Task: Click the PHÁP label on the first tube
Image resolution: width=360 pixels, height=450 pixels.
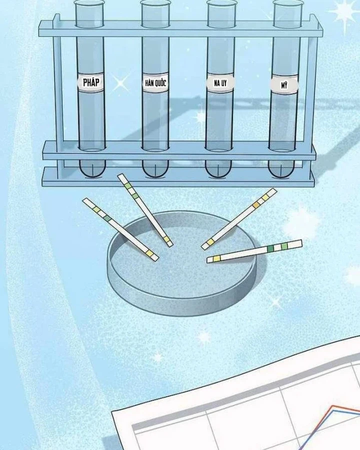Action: tap(90, 82)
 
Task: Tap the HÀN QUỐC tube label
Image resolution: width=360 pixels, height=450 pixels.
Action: tap(155, 83)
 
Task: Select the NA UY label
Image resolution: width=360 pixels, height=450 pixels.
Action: tap(220, 83)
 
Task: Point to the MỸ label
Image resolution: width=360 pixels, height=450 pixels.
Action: tap(284, 85)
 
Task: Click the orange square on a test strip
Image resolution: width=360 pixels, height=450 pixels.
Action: tap(255, 204)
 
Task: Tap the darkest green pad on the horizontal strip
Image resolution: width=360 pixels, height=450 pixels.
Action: tap(270, 248)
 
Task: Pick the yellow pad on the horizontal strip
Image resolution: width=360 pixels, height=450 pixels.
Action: tap(216, 259)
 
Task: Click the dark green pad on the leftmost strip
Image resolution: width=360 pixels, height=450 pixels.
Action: tap(107, 218)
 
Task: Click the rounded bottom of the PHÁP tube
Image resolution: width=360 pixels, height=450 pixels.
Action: tap(92, 169)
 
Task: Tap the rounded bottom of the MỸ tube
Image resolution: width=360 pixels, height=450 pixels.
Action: tap(281, 169)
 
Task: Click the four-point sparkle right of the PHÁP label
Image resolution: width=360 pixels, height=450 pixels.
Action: tap(121, 83)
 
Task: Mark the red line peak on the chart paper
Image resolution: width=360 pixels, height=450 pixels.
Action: tap(333, 406)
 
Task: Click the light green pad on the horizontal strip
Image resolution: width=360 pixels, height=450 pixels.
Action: tap(284, 246)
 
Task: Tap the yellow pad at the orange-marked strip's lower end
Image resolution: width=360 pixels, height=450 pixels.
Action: tap(210, 242)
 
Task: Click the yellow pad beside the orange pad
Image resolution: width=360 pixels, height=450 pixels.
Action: tap(264, 197)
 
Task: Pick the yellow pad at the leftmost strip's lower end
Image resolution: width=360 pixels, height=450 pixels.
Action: tap(150, 253)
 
